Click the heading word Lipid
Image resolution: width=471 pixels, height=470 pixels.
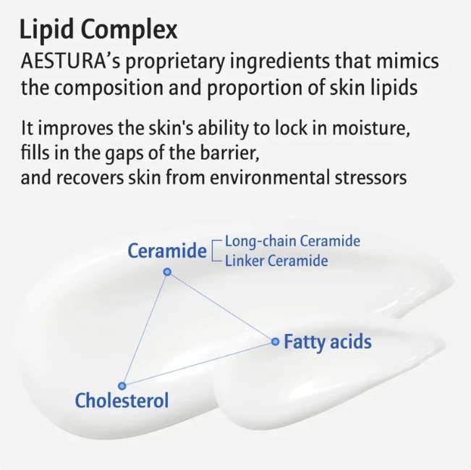(x=46, y=30)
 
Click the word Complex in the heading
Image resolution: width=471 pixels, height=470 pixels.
(x=130, y=30)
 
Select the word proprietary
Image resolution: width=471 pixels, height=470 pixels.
(x=175, y=62)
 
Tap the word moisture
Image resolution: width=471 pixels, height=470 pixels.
(x=371, y=128)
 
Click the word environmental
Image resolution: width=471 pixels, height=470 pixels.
(x=269, y=177)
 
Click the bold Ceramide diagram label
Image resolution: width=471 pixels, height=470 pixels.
(x=167, y=251)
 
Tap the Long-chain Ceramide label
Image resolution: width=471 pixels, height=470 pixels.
(x=292, y=241)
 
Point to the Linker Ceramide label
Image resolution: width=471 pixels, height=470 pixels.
(x=276, y=261)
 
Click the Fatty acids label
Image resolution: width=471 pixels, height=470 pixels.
(x=328, y=342)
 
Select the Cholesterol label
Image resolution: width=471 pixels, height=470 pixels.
(x=122, y=400)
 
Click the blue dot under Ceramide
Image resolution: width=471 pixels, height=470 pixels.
(x=167, y=272)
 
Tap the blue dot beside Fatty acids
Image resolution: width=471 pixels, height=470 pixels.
(x=275, y=342)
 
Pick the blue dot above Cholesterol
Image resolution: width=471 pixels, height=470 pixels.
(x=122, y=385)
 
